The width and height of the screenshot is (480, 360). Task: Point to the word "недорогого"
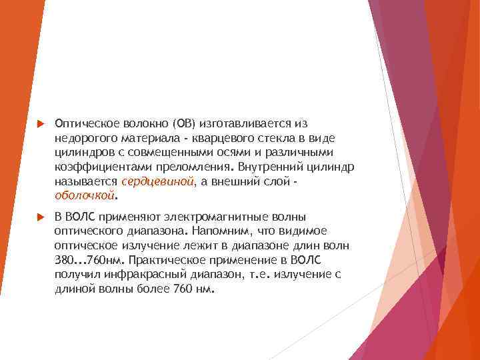(x=85, y=138)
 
